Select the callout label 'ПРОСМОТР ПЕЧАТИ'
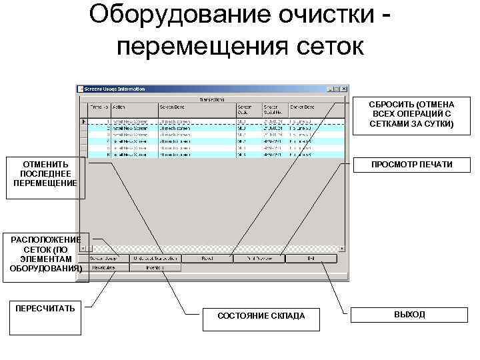click(412, 165)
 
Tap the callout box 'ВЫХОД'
click(409, 315)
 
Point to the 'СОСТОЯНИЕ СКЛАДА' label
click(261, 315)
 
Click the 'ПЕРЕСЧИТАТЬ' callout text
click(45, 308)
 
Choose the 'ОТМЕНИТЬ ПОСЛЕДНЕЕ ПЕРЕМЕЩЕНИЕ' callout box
click(45, 173)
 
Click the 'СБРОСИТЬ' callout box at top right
click(412, 114)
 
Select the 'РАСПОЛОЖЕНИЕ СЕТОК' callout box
click(45, 254)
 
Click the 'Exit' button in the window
click(311, 258)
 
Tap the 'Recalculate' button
click(103, 267)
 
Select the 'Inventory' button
click(155, 267)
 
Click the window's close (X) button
click(345, 89)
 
